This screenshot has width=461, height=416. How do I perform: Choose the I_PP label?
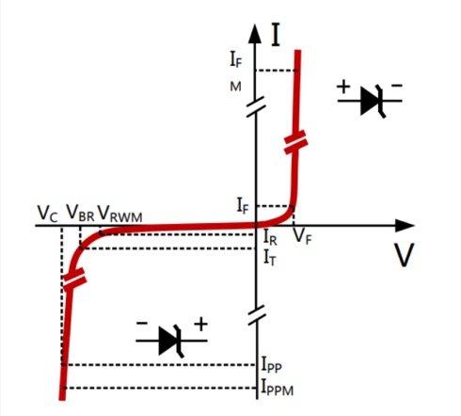(273, 364)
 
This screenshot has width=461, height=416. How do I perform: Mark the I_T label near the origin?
(270, 254)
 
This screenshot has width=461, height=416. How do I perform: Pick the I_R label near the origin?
(270, 238)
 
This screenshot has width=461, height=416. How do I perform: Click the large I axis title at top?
(276, 36)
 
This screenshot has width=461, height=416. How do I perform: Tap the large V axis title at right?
(404, 254)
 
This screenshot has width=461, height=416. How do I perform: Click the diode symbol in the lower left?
(169, 339)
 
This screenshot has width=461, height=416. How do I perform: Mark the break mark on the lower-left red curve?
(72, 279)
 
